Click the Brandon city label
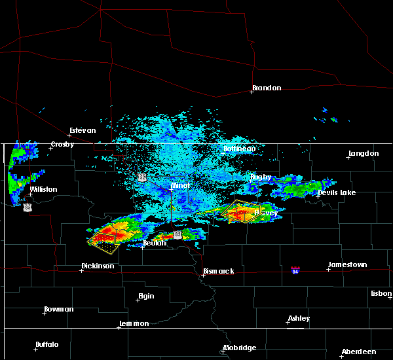coord(267,88)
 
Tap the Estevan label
coord(83,130)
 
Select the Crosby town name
coord(62,145)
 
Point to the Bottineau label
coord(239,149)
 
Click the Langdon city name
coord(364,153)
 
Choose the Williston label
coord(43,189)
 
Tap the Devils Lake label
coord(337,192)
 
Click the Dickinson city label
coord(98,266)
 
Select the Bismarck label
coord(218,271)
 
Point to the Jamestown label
coord(347,264)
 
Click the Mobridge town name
coord(239,348)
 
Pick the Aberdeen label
coord(358,351)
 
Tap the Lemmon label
coord(135,324)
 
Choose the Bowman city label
coord(59,309)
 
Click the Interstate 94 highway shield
coord(295,270)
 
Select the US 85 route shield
coord(27,207)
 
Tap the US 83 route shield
coord(178,234)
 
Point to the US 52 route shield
coord(141,177)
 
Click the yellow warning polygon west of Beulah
coord(103,242)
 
